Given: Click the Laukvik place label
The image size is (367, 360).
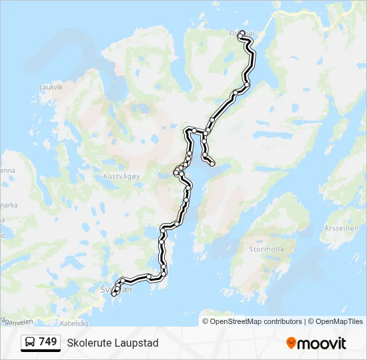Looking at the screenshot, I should pos(51,87).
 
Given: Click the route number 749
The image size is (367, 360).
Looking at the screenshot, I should pos(47,342).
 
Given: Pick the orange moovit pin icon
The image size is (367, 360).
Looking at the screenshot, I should pos(291,343).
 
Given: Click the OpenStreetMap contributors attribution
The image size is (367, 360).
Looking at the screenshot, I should pos(252,321).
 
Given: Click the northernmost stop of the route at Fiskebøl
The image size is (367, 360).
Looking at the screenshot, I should pos(241,37).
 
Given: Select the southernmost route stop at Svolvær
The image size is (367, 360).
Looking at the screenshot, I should pos(114,293).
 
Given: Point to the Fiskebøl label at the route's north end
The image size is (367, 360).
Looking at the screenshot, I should pos(241,31).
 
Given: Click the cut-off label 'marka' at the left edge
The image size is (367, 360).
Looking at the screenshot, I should pos(8,205).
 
